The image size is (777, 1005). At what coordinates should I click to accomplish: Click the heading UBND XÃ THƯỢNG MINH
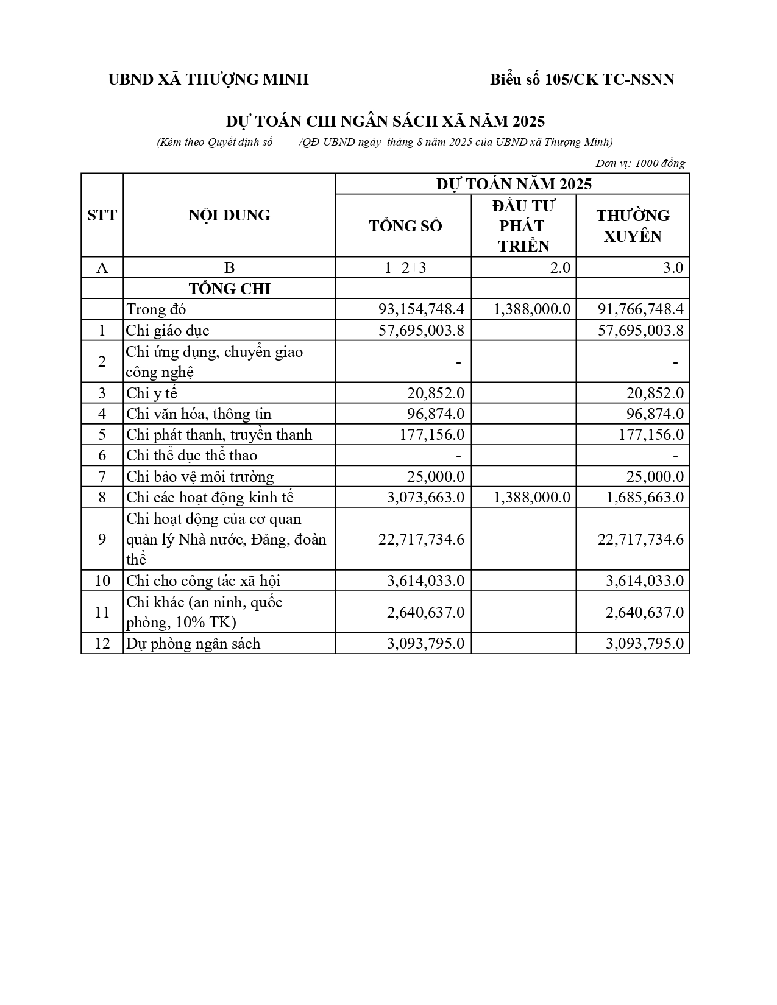coord(208,80)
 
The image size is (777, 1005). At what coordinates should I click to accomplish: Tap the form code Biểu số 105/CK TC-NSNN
coord(582,80)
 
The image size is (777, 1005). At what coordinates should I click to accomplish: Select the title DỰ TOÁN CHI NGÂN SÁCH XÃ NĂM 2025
coord(385,121)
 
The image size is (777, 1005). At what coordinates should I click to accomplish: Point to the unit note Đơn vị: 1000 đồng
coord(640,163)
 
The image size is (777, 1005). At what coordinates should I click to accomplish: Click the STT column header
coord(102,216)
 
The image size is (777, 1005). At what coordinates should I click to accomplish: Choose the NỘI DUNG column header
coord(229,216)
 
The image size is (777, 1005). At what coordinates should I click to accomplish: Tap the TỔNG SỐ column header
coord(405,226)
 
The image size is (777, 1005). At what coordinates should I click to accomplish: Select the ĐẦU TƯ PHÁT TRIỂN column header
coord(523,226)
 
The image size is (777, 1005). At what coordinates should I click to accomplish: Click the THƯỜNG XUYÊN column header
coord(633,226)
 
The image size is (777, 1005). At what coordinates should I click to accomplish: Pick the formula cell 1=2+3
coord(405,267)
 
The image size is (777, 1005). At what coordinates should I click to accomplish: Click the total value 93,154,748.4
coord(421,309)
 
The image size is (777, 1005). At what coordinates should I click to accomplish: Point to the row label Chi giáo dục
coord(168,331)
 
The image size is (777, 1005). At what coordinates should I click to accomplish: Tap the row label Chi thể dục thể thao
coord(191,456)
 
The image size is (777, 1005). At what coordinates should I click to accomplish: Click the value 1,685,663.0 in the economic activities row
coord(644,498)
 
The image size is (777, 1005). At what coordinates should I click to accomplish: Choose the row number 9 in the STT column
coord(102,540)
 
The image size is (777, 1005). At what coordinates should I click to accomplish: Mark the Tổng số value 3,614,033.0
coord(425,581)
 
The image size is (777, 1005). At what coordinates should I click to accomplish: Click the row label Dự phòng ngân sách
coord(193,644)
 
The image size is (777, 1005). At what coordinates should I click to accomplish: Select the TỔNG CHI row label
coord(229,289)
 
